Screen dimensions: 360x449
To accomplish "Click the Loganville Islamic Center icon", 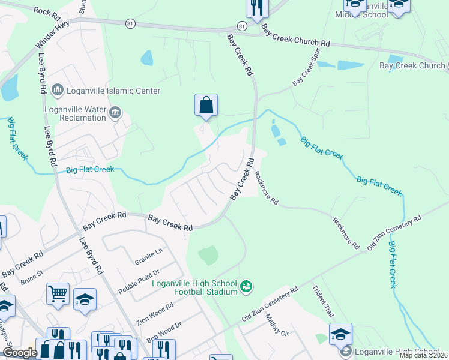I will [58, 91].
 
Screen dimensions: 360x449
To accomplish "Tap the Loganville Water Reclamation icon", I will [115, 112].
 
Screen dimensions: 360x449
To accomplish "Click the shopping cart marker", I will [58, 294].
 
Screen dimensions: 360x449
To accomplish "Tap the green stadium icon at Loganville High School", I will [246, 287].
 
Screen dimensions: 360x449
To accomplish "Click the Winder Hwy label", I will [52, 34].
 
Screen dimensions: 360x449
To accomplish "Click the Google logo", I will [20, 353].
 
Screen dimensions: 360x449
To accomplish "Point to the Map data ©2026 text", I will [424, 355].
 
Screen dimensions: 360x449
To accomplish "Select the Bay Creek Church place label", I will [412, 65].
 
